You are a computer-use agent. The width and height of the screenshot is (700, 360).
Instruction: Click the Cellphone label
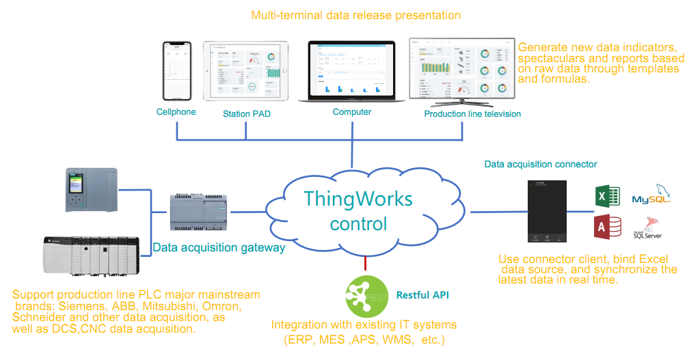coord(176,112)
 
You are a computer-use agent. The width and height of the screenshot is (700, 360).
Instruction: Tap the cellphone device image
coord(176,70)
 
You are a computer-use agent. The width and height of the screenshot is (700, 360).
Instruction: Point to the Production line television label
coord(472,113)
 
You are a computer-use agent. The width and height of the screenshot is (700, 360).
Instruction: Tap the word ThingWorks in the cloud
coord(358,199)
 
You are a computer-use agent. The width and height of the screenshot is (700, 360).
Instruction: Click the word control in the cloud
coord(358,224)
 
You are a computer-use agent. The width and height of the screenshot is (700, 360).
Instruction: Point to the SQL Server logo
coord(648,227)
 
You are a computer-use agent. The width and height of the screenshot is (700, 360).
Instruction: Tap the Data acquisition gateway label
coord(219,247)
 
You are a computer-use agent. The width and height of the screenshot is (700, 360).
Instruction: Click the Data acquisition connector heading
coord(541,164)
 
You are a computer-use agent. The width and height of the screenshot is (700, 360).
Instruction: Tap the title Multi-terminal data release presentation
coord(355,15)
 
